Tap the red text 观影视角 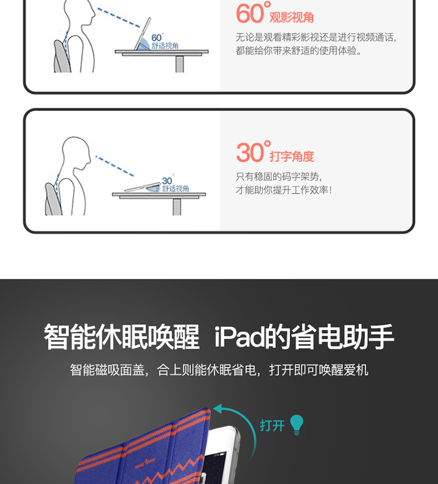(291, 17)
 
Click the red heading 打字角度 (291, 156)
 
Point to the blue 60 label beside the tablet (157, 38)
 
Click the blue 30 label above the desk (167, 181)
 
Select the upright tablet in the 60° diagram (142, 34)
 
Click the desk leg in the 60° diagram (180, 64)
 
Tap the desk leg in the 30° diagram (177, 207)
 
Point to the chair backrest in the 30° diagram (51, 199)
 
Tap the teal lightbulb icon (297, 425)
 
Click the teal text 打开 (272, 426)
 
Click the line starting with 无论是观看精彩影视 (316, 37)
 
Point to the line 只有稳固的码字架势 (279, 177)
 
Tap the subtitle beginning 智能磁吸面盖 (219, 370)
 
